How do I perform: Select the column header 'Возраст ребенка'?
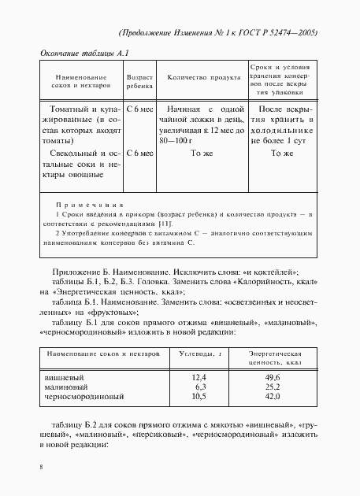[x=140, y=80]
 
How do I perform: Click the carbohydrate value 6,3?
[x=200, y=387]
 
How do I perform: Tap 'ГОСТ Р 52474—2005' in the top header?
[x=277, y=32]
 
